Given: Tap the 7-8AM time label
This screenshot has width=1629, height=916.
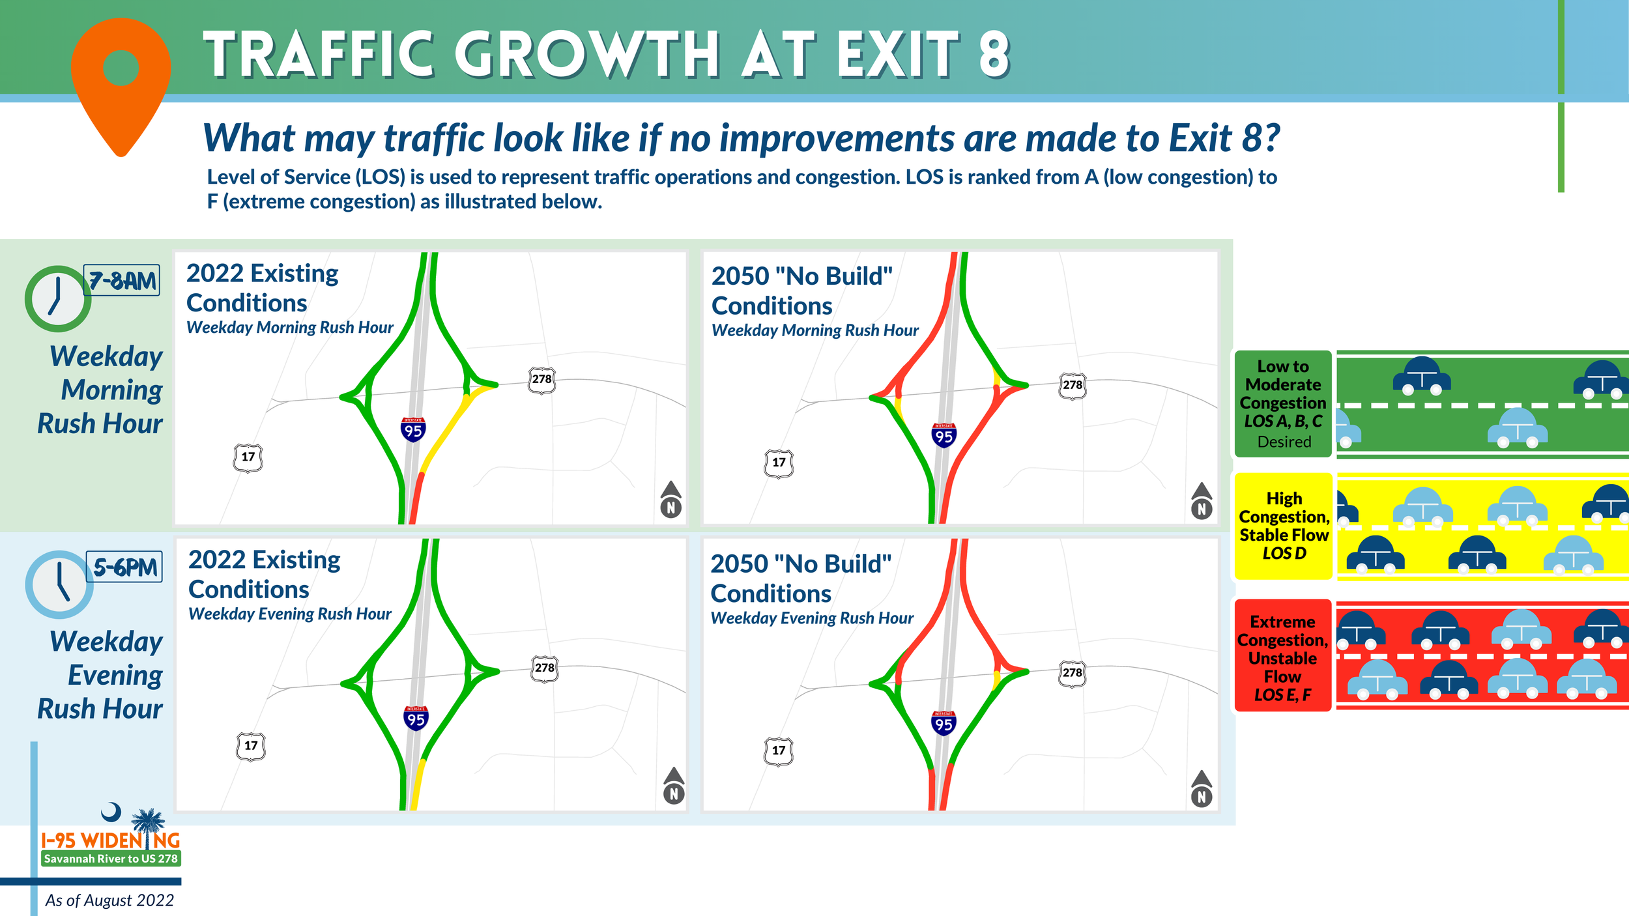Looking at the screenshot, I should point(122,281).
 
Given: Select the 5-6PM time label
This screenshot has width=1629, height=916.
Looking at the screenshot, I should point(124,567).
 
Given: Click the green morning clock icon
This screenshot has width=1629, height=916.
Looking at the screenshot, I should point(57,298).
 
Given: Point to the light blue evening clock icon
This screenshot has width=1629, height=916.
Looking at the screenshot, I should point(59,584).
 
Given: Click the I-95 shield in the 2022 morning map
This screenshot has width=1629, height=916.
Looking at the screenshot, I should point(413,429).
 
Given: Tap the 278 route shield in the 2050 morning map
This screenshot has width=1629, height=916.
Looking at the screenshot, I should point(1072,385).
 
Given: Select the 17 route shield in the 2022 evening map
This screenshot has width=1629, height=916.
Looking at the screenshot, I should point(251,746).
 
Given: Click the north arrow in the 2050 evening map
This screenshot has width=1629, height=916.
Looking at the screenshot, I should point(1202,789).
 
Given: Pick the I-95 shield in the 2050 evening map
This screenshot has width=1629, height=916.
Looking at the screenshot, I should point(943,723).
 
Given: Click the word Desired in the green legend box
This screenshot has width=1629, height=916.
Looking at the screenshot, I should point(1284,442).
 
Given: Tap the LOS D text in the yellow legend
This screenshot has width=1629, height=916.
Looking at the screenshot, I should point(1284,553).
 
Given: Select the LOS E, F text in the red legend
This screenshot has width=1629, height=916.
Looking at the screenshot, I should point(1282,695).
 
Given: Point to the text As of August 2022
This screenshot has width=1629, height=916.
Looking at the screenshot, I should point(109,900).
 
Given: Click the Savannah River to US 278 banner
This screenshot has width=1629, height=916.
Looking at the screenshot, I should point(111,859).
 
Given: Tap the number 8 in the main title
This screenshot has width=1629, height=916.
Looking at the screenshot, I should point(993,55).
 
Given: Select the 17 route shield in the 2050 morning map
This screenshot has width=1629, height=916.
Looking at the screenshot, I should point(779,463).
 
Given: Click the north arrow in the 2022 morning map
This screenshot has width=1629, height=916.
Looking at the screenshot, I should point(670,500).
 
